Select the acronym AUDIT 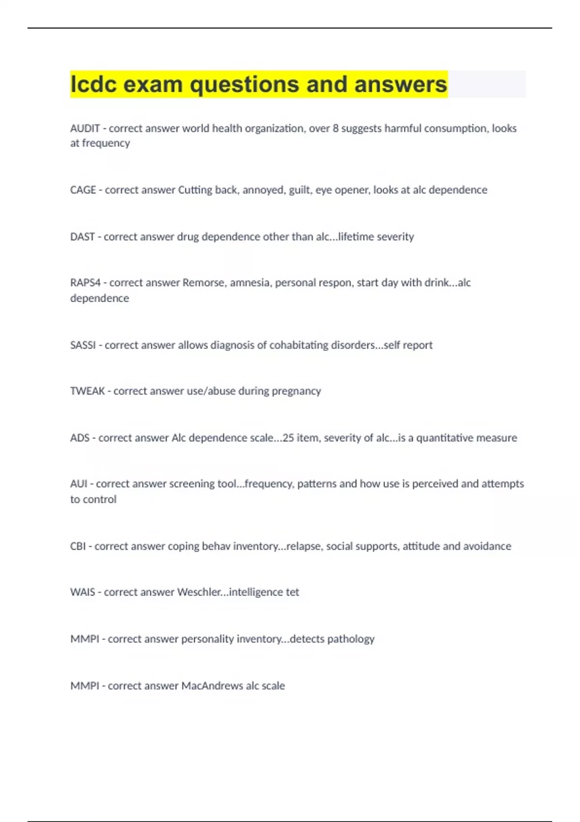pyautogui.click(x=85, y=129)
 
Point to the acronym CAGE pyautogui.click(x=83, y=190)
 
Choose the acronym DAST pyautogui.click(x=82, y=237)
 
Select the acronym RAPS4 pyautogui.click(x=86, y=283)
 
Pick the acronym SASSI pyautogui.click(x=83, y=345)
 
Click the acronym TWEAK pyautogui.click(x=87, y=391)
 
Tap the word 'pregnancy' pyautogui.click(x=296, y=391)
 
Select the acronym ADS pyautogui.click(x=80, y=438)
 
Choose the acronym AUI pyautogui.click(x=79, y=484)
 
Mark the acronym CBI pyautogui.click(x=78, y=546)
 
